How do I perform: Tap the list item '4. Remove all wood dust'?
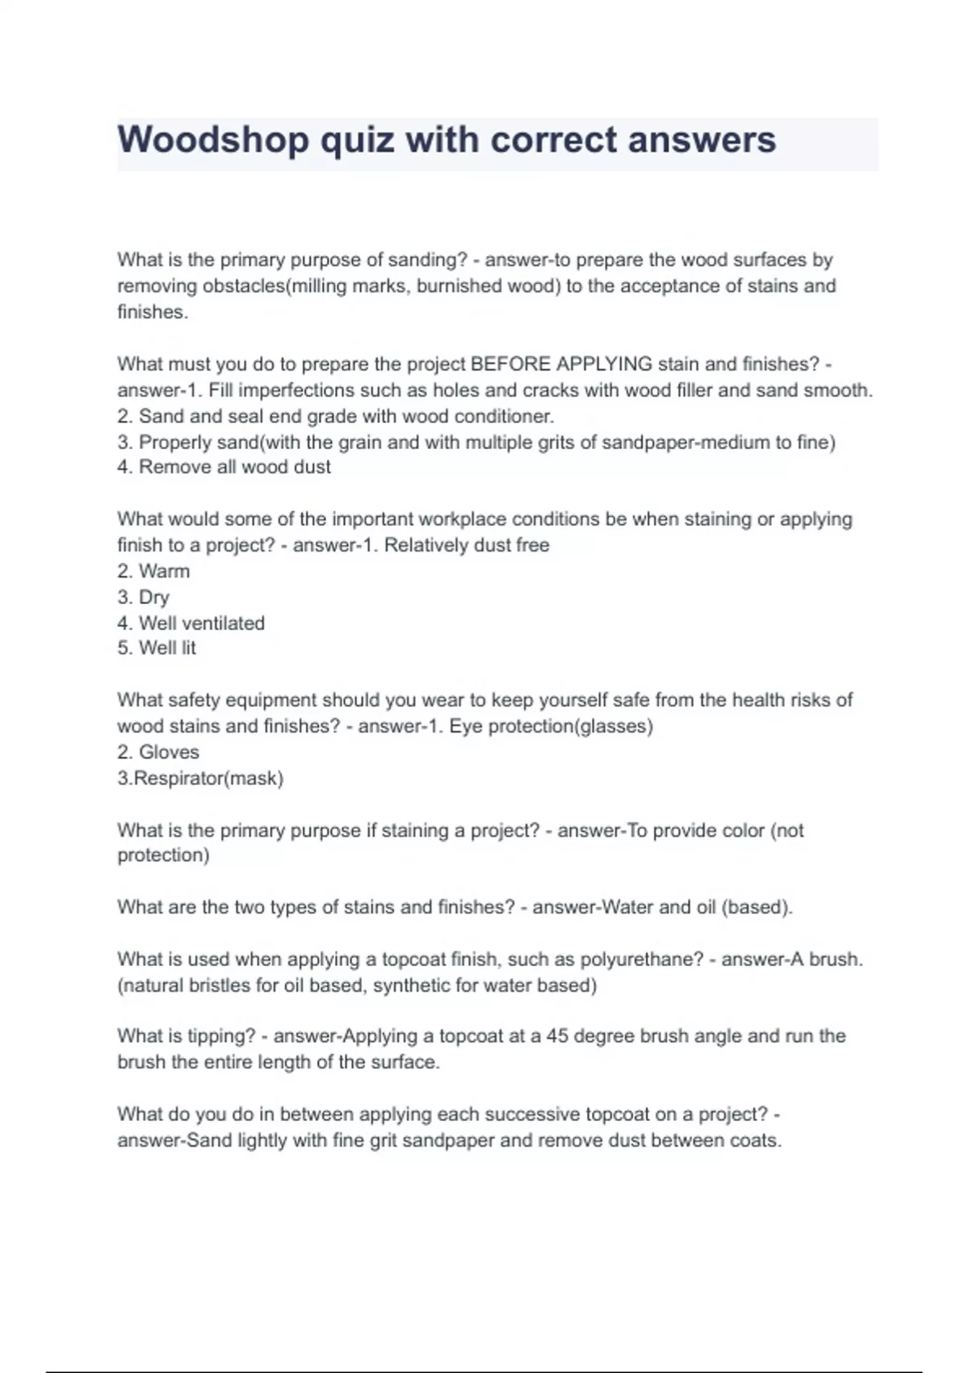(x=224, y=467)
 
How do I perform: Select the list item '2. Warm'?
(x=153, y=571)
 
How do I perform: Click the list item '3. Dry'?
(x=143, y=598)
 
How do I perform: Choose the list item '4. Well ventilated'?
(x=191, y=624)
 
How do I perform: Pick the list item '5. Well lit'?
(x=157, y=648)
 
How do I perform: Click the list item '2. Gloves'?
(x=158, y=752)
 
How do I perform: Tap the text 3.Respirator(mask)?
(x=200, y=779)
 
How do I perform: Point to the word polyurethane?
(x=642, y=959)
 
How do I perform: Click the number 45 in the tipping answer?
(x=557, y=1036)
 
